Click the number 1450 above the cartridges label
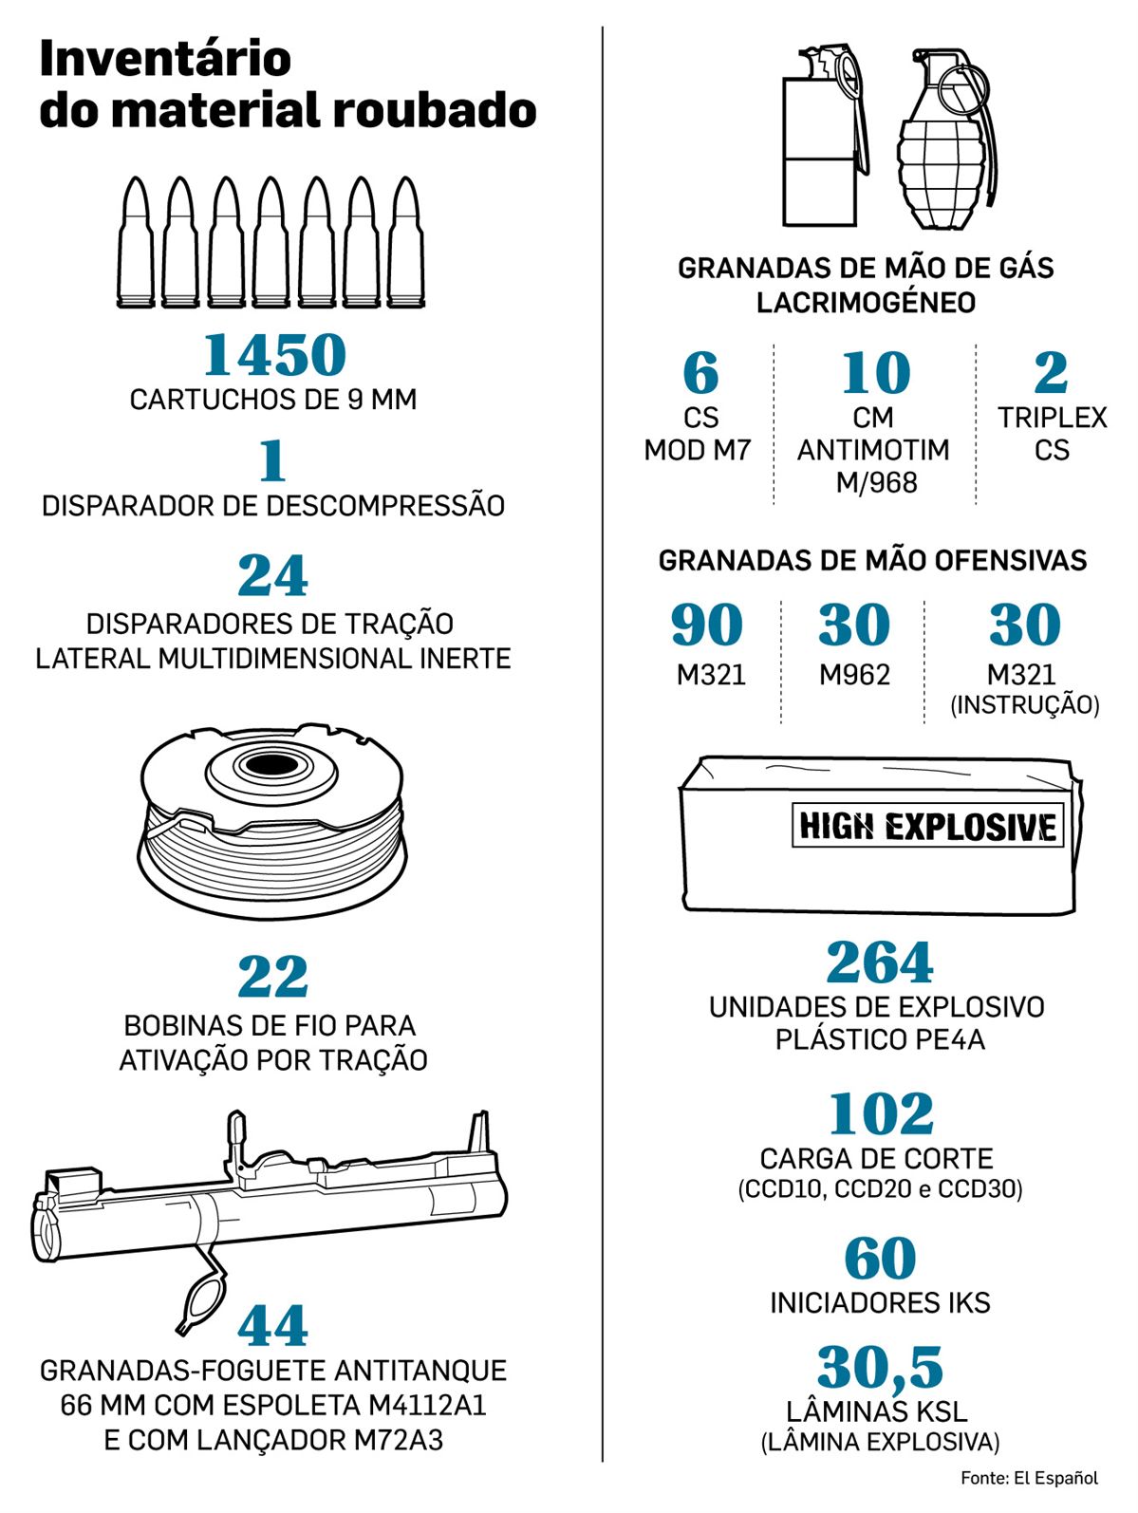point(274,354)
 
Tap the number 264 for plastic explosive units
point(880,962)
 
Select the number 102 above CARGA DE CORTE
point(880,1114)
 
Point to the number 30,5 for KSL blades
point(880,1368)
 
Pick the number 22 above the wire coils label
point(273,976)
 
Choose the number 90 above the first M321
point(707,625)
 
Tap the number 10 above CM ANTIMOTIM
point(875,372)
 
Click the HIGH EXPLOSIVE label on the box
point(928,826)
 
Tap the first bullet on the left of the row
point(136,242)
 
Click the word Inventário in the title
point(165,59)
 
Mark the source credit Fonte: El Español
point(1029,1478)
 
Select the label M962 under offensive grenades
point(854,674)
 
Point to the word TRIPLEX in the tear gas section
point(1052,418)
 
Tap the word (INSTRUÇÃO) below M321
point(1024,705)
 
